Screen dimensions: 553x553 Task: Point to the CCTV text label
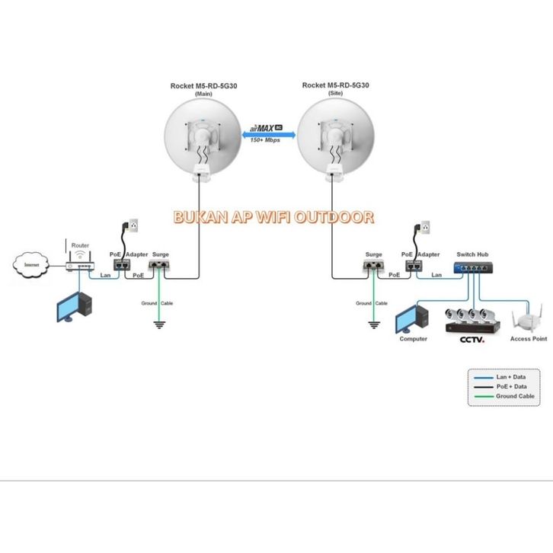(x=472, y=338)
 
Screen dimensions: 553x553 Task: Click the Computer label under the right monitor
(x=414, y=338)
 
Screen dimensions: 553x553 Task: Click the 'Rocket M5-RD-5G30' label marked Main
(x=203, y=86)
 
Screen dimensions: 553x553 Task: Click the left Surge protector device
(x=160, y=266)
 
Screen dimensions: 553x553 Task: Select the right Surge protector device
(x=373, y=266)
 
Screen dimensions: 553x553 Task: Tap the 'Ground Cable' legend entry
(x=515, y=396)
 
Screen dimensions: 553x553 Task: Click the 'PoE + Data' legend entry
(x=512, y=387)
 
